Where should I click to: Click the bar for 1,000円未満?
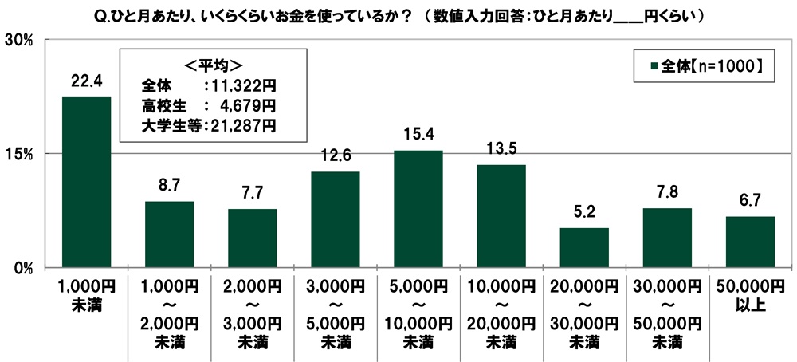coord(86,183)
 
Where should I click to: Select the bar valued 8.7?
coord(169,234)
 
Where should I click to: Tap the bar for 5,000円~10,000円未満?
coord(418,209)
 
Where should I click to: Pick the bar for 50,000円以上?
coord(750,242)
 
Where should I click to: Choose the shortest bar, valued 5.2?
coord(584,247)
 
